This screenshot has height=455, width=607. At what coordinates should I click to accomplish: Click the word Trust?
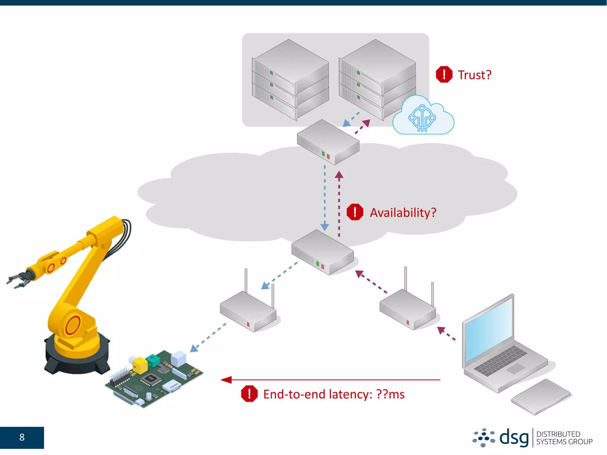(x=474, y=75)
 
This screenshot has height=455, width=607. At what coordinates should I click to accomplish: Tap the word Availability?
(x=403, y=213)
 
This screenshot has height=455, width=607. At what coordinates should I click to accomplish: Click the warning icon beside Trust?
(x=444, y=74)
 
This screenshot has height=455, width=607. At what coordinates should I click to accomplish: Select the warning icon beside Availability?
(x=355, y=212)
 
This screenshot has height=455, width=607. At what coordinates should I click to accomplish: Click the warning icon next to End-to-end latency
(x=249, y=394)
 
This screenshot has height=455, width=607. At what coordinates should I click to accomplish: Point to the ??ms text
(x=390, y=394)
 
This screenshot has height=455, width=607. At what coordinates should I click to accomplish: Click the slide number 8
(x=22, y=437)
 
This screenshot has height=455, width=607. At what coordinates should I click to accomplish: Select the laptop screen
(x=489, y=329)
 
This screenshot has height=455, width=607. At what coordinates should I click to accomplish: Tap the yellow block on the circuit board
(x=139, y=365)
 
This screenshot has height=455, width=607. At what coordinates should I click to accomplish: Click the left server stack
(x=290, y=80)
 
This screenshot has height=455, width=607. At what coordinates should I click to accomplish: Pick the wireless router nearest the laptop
(x=408, y=310)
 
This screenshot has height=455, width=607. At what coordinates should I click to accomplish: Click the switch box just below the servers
(x=328, y=142)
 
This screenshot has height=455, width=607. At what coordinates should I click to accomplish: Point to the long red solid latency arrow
(x=330, y=380)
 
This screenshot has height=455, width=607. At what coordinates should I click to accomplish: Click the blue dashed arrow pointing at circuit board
(x=208, y=338)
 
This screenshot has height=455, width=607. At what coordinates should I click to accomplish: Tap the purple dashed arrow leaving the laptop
(x=446, y=333)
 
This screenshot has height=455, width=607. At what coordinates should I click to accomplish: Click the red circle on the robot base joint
(x=73, y=325)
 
